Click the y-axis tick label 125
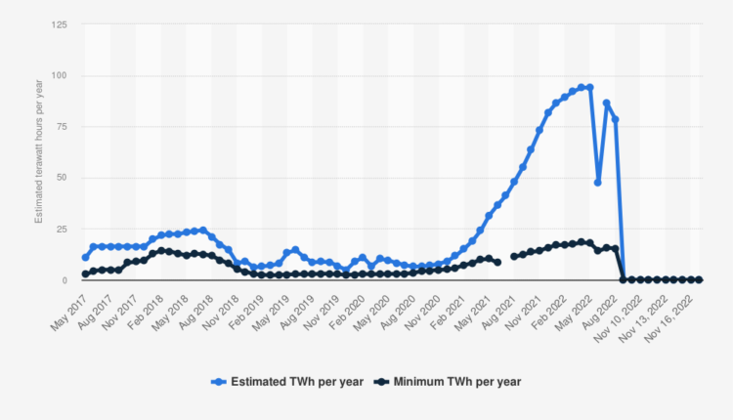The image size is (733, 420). coord(61,24)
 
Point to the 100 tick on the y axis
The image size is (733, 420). coord(61,75)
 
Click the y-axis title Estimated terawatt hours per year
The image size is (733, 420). coord(39,152)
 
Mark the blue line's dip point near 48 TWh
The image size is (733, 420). coord(598,183)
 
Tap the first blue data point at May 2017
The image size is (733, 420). coord(86,258)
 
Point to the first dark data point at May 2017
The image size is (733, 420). coord(86,273)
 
